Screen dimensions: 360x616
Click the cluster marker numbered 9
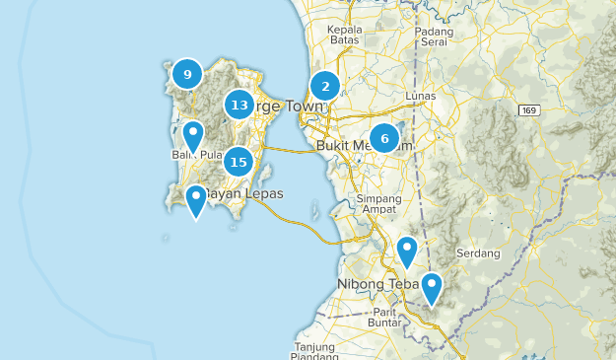186,74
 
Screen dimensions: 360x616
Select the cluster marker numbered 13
238,105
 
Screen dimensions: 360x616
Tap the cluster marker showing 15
238,161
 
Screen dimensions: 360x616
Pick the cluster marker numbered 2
325,86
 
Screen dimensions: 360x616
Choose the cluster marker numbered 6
384,138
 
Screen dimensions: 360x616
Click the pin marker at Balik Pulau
193,136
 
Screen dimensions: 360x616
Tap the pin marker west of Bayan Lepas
196,200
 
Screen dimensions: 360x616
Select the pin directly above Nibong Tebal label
407,252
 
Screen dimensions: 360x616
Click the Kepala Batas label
346,36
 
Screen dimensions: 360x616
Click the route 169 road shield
530,109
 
